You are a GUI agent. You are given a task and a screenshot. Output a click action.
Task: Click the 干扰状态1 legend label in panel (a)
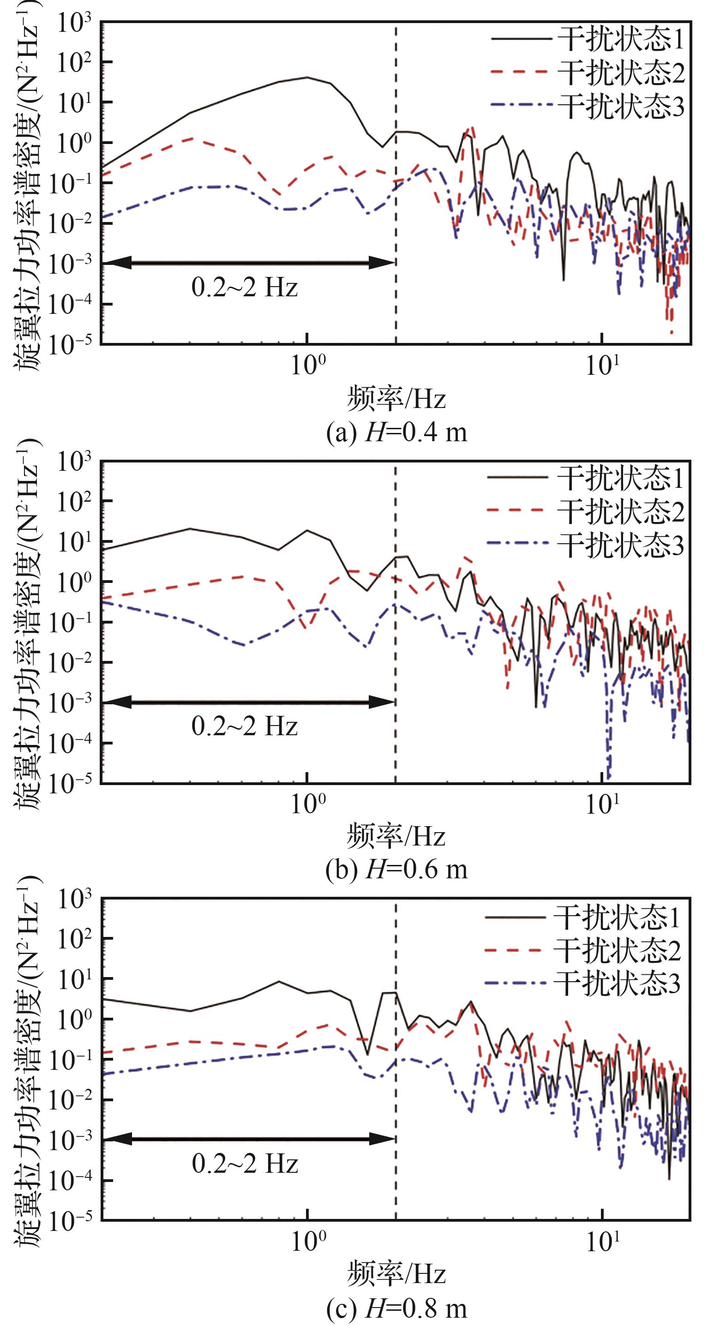[621, 39]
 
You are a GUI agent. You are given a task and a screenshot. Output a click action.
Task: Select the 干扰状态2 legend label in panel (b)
[621, 511]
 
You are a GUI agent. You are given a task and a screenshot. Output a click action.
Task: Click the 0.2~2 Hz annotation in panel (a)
[245, 287]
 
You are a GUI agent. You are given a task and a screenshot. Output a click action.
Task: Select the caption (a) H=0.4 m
[396, 432]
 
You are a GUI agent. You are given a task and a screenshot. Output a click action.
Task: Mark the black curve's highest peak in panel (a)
[307, 77]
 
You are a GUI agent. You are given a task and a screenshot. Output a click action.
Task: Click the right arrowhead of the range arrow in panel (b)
[382, 702]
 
